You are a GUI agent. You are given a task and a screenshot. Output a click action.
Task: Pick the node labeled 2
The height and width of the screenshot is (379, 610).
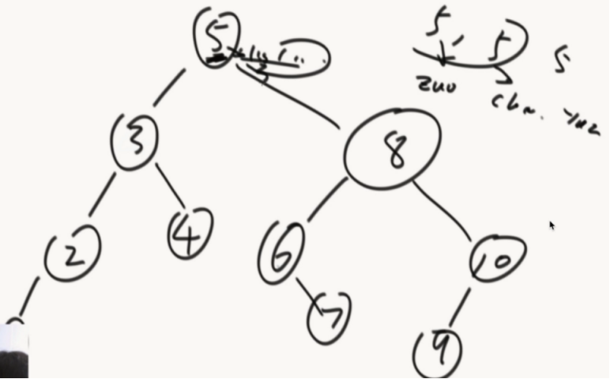coord(73,253)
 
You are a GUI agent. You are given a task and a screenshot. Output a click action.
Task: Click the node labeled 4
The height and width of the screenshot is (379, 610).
coord(190,233)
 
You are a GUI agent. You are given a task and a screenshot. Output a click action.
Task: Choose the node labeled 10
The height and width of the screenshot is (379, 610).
coord(497,259)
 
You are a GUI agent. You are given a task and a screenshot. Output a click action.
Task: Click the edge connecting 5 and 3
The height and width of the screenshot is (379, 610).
coord(171,86)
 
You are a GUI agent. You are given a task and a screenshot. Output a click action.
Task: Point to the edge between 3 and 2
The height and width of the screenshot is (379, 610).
coord(102,194)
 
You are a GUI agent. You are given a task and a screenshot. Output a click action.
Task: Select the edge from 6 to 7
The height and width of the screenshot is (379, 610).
coord(304,288)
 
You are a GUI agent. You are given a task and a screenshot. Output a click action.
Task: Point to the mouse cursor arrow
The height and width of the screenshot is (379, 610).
coord(552,226)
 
